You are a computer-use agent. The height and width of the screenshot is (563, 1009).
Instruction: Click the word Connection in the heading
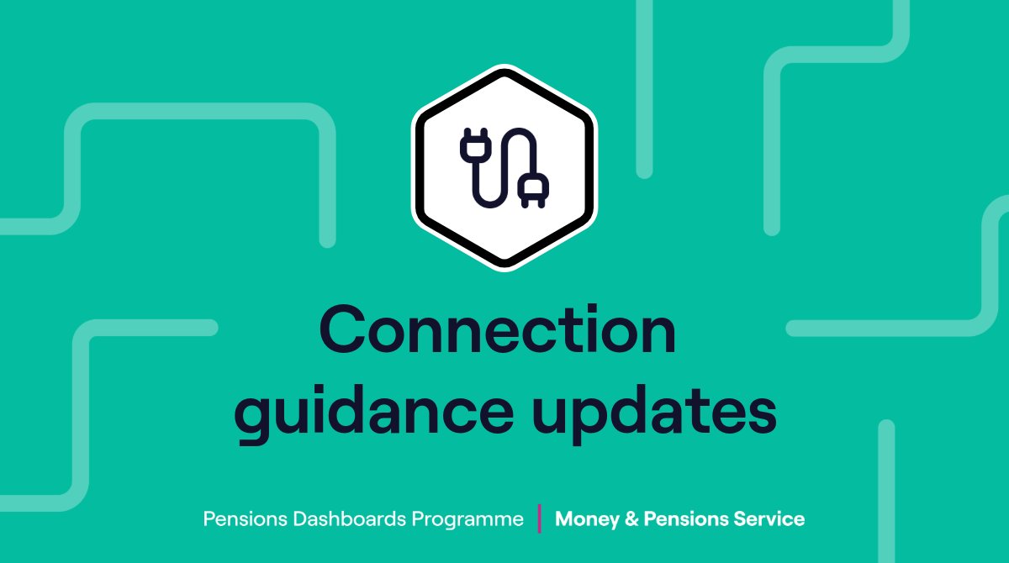[x=498, y=331]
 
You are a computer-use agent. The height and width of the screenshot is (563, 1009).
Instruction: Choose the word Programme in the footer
[x=468, y=520]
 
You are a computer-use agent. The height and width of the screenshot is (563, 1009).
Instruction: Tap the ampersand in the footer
[x=627, y=519]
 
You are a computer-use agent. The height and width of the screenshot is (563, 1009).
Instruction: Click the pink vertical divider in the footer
[x=539, y=518]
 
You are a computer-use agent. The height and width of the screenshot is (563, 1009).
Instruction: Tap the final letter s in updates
[x=760, y=413]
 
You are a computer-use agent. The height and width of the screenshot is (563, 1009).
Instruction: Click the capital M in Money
[x=564, y=519]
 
